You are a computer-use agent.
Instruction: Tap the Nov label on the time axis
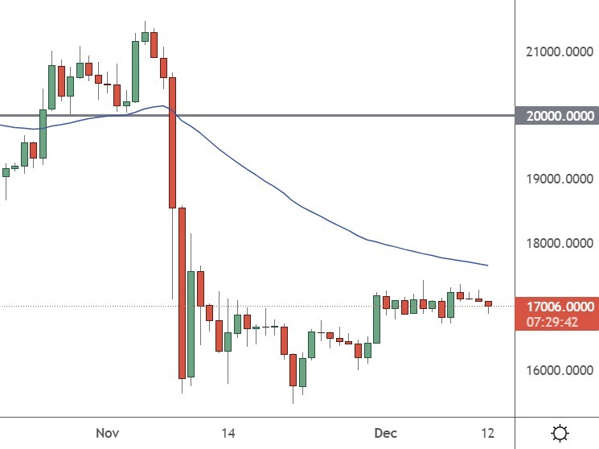tap(107, 433)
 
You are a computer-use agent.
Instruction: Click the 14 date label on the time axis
tap(228, 433)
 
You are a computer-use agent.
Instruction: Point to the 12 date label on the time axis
tap(487, 433)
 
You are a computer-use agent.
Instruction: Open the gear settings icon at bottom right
tap(560, 433)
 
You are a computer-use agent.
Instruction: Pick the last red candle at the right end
tap(488, 303)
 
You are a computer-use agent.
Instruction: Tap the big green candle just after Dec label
tap(376, 319)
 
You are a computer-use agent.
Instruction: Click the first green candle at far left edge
tap(6, 172)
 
